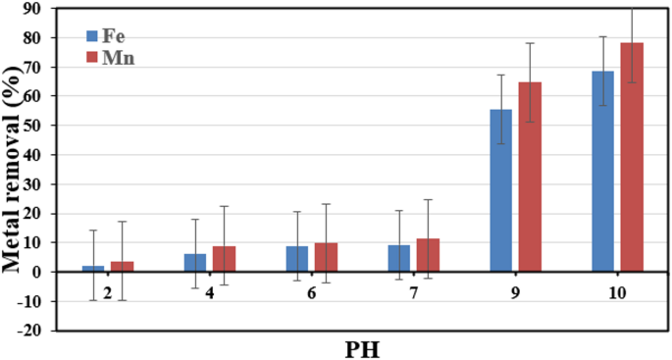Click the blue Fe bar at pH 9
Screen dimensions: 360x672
pos(500,190)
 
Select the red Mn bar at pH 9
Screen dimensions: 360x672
pos(530,177)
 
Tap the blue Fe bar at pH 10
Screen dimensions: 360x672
pos(602,171)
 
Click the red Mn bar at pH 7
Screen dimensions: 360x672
pos(428,255)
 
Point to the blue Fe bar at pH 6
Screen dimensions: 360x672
pos(296,259)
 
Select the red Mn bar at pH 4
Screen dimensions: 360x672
pos(224,259)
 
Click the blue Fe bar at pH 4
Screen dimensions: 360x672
pos(194,263)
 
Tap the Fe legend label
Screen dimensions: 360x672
pos(116,36)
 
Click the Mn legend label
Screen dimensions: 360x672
pos(119,58)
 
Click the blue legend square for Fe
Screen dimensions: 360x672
pos(93,36)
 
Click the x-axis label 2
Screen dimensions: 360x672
pos(107,292)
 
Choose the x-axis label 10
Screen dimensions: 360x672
pos(617,292)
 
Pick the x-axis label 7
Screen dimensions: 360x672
pos(413,292)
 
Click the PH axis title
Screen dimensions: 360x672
pos(362,347)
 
